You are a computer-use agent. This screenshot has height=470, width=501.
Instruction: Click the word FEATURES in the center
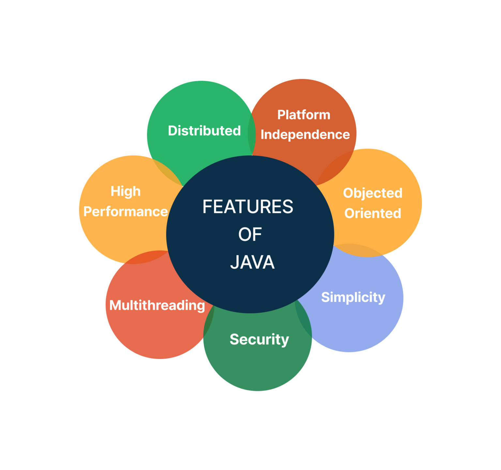(x=248, y=207)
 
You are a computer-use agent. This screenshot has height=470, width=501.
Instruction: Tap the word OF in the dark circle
(x=250, y=235)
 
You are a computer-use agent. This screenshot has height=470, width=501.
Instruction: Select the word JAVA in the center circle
(x=252, y=262)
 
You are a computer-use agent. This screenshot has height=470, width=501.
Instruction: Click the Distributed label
(x=204, y=131)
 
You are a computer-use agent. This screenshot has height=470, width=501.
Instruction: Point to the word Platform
(x=304, y=115)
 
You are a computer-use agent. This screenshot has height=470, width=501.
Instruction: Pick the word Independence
(x=305, y=135)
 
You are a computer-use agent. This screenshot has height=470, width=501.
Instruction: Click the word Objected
(x=372, y=193)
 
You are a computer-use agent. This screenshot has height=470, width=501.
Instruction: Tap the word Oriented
(x=372, y=213)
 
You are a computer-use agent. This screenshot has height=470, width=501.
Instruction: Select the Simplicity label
(x=353, y=297)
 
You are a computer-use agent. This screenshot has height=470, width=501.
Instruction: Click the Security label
(x=259, y=339)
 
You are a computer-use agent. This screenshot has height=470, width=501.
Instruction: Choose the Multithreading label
(x=157, y=305)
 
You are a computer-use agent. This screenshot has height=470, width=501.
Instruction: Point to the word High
(x=126, y=191)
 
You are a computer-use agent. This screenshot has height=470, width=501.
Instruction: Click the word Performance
(x=126, y=212)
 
